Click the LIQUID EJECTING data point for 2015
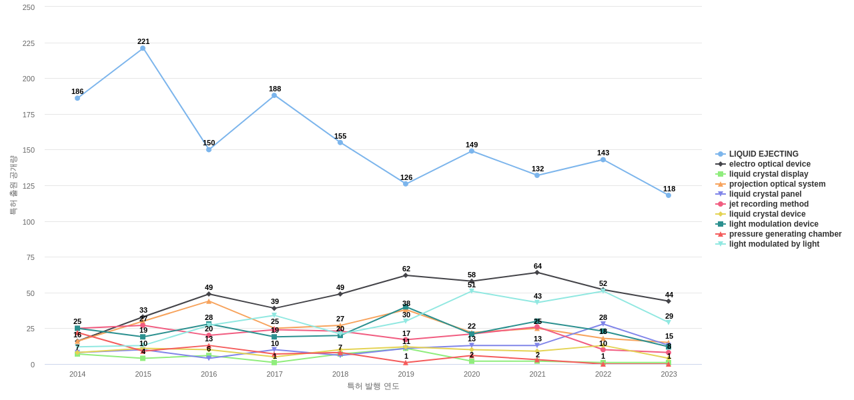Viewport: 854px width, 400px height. (x=143, y=48)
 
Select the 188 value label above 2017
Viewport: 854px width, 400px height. (x=275, y=89)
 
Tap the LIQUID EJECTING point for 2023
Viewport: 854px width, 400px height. (x=669, y=195)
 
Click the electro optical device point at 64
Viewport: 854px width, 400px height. (x=537, y=273)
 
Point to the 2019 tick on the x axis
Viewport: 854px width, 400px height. (x=406, y=374)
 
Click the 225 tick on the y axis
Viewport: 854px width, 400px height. (x=29, y=43)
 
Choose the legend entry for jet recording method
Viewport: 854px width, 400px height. (x=769, y=204)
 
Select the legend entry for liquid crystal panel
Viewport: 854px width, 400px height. (x=765, y=194)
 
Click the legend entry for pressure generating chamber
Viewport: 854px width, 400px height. (x=785, y=234)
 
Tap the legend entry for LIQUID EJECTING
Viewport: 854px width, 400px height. (x=763, y=154)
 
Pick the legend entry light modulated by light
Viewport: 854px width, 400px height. (x=774, y=244)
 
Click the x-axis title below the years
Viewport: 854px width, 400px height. (x=373, y=386)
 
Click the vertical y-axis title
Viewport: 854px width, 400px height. (x=13, y=185)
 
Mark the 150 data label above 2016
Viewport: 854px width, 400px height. (x=209, y=143)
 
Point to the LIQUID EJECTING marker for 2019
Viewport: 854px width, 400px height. (x=406, y=184)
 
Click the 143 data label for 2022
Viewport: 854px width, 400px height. (x=603, y=153)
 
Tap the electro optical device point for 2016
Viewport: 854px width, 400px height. (x=209, y=294)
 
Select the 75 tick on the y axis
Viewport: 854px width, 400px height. (x=31, y=257)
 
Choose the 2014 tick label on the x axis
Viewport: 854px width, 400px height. (x=77, y=374)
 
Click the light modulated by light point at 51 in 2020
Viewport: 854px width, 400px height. (x=472, y=291)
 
